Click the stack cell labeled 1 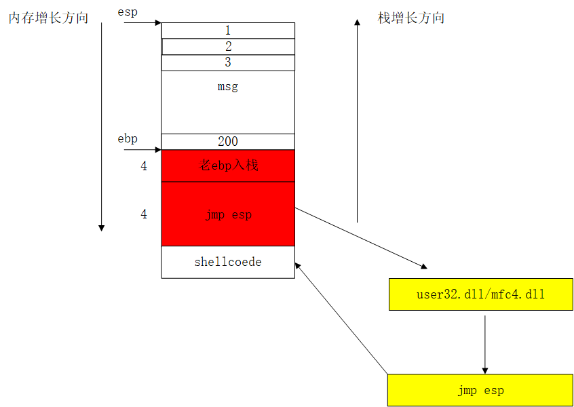[x=228, y=31]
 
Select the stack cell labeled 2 [x=228, y=47]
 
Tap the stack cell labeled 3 [x=228, y=62]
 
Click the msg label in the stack [x=228, y=87]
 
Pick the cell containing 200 [x=228, y=142]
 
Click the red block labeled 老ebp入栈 [x=228, y=166]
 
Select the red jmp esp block [x=228, y=214]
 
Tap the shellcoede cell [x=228, y=262]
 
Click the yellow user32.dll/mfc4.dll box [x=480, y=294]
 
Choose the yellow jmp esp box [x=480, y=391]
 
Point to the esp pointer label [x=128, y=12]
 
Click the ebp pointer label [x=128, y=139]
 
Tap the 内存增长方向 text [x=48, y=18]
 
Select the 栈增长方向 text [x=410, y=18]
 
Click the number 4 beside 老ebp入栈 [x=144, y=166]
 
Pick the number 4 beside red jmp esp [x=144, y=214]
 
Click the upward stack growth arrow [x=358, y=122]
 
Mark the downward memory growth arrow [x=102, y=129]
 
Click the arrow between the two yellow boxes [x=484, y=342]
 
